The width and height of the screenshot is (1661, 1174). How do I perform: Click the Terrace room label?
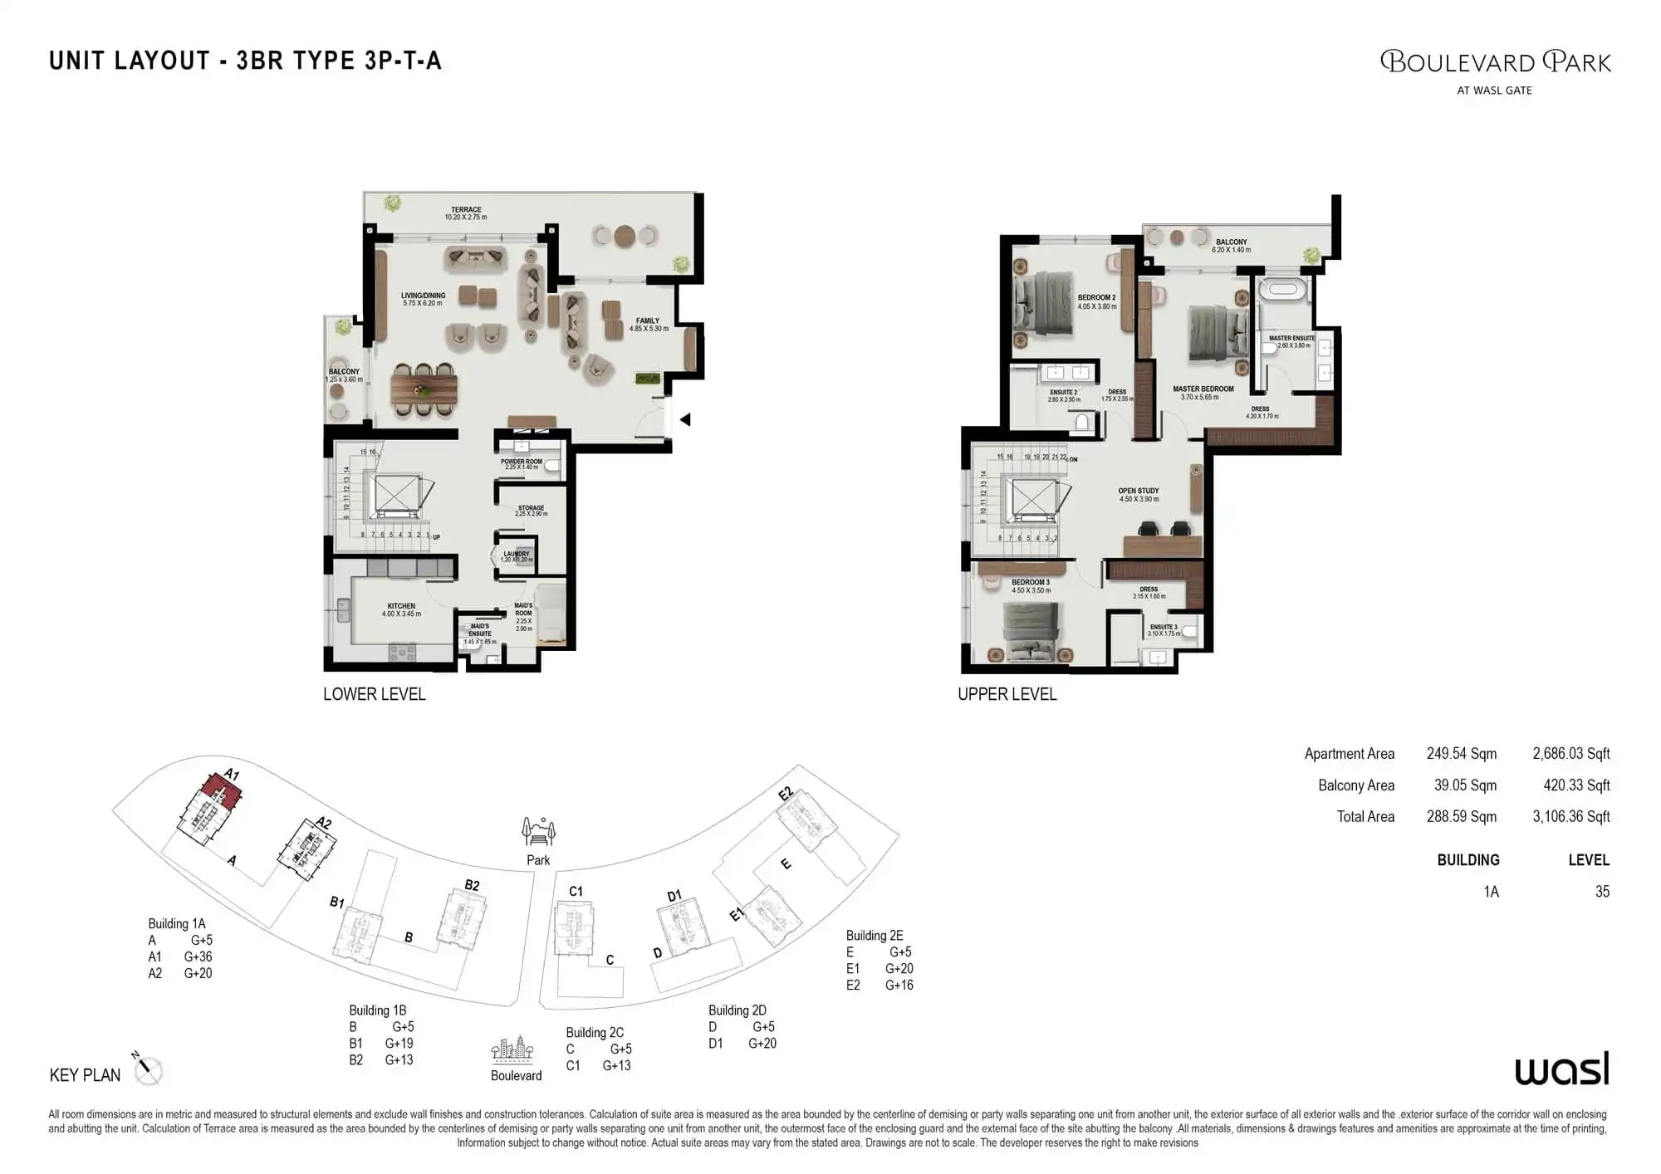coord(466,213)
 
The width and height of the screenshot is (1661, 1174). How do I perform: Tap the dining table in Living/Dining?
coord(424,389)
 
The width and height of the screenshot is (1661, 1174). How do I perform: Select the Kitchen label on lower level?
coord(401,609)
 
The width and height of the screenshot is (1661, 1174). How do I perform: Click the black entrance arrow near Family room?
coord(685,420)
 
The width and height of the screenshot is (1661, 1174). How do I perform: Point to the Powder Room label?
coord(522,464)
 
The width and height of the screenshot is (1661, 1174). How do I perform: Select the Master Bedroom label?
coord(1203,392)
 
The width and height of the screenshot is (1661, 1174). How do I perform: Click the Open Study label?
coord(1139,495)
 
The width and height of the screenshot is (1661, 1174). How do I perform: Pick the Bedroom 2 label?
coord(1096,301)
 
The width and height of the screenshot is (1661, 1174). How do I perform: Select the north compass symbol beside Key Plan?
coord(147,1069)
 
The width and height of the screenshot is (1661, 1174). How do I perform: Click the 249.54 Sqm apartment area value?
coord(1462,754)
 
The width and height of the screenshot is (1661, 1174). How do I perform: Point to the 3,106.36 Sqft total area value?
coord(1570,817)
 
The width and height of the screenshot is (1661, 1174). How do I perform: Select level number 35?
coord(1602,892)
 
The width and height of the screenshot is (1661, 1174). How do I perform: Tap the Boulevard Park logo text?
coord(1495,62)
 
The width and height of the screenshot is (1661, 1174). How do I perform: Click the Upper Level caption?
coord(1007,694)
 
